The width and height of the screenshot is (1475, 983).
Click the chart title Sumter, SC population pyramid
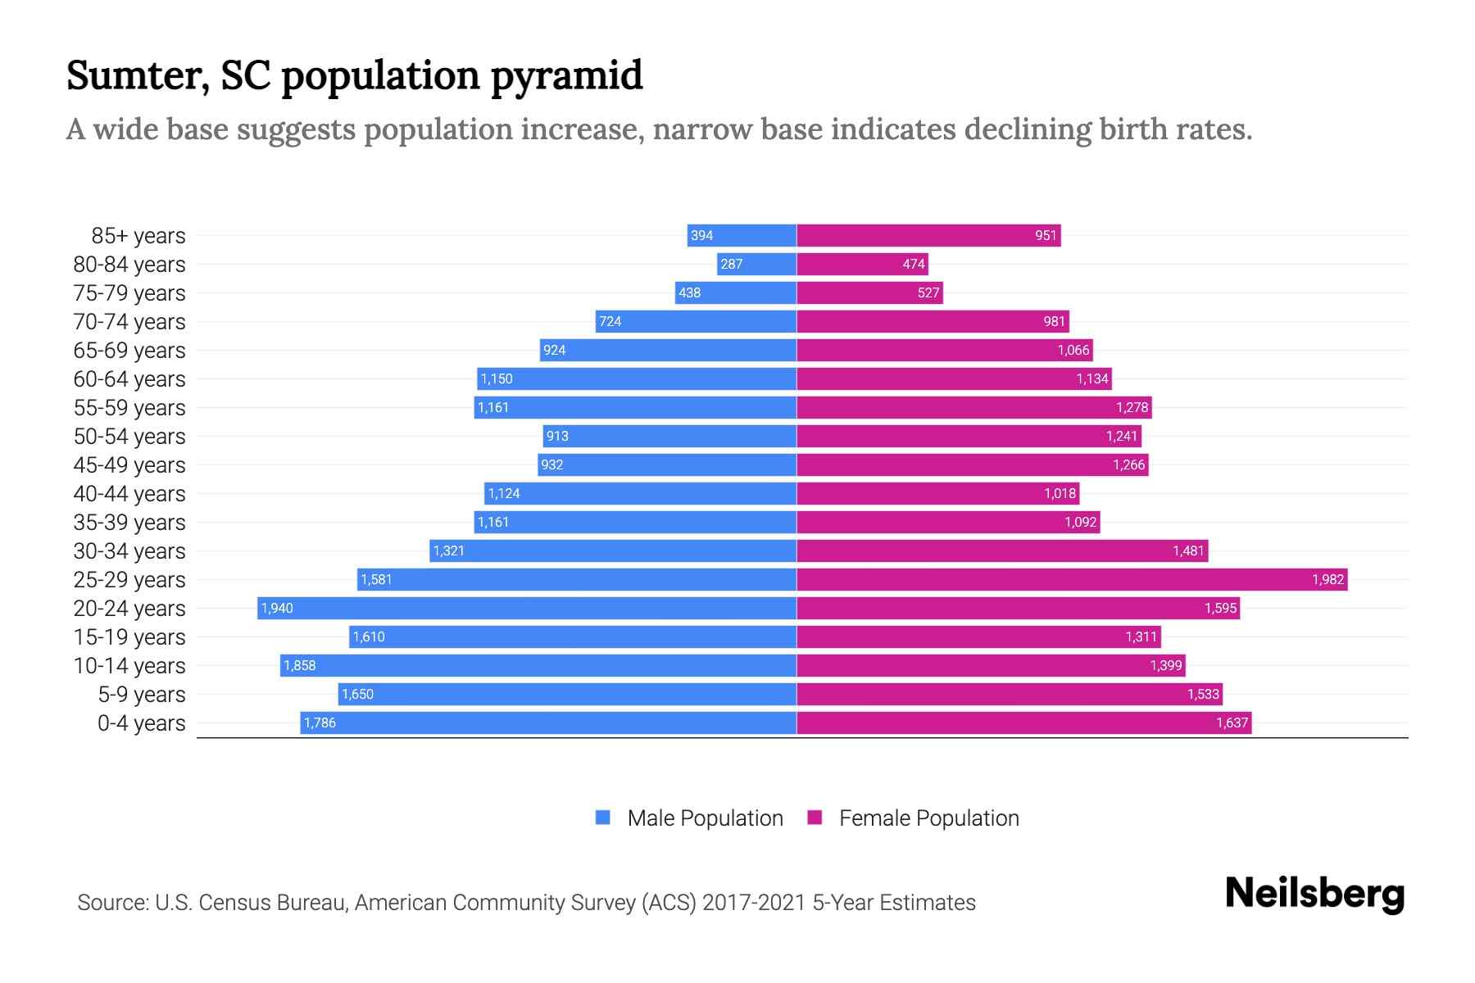(354, 76)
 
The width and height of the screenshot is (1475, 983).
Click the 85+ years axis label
(138, 236)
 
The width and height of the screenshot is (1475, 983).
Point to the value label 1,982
(1327, 579)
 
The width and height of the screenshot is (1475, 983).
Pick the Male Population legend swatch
(603, 818)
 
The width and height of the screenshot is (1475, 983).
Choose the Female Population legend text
(928, 818)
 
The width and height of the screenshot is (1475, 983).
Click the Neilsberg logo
(1314, 894)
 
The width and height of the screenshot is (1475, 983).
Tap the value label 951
(1046, 236)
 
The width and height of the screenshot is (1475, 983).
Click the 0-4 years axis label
(141, 723)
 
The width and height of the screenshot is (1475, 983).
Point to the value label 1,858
(300, 665)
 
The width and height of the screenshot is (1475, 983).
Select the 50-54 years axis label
(129, 437)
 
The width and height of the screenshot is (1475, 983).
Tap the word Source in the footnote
(111, 903)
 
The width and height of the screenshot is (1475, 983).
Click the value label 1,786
(320, 723)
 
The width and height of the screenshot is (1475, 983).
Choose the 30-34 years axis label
(129, 551)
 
